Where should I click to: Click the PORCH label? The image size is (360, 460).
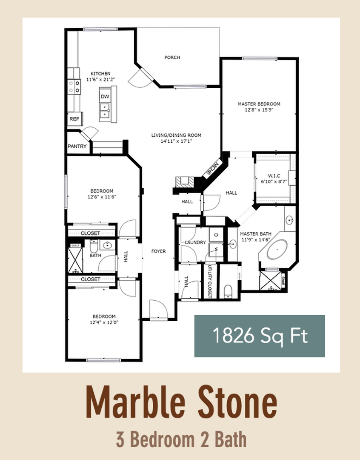click(172, 57)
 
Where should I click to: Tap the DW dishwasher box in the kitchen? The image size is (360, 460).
click(105, 97)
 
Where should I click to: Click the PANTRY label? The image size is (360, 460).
click(77, 147)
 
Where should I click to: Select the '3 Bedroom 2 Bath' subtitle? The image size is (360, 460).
click(181, 440)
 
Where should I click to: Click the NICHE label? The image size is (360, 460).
click(212, 170)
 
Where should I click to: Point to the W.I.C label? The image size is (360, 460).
click(274, 175)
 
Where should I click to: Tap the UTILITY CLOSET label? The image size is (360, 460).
click(209, 281)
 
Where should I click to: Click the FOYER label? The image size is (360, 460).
click(159, 251)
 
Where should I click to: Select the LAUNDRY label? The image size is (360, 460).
click(195, 242)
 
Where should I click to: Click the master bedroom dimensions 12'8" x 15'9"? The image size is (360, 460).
click(259, 109)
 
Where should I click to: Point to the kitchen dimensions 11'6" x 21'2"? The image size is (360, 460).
click(101, 79)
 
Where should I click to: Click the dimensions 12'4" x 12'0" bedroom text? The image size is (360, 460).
click(104, 322)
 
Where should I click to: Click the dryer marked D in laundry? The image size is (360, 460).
click(215, 235)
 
